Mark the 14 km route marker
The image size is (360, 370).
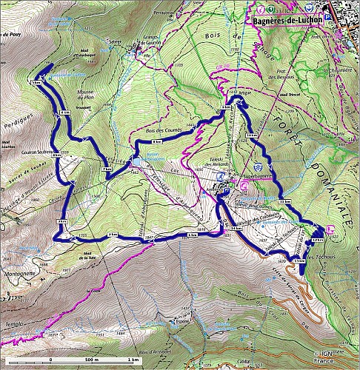click(237, 229)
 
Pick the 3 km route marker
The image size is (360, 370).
click(62, 221)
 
